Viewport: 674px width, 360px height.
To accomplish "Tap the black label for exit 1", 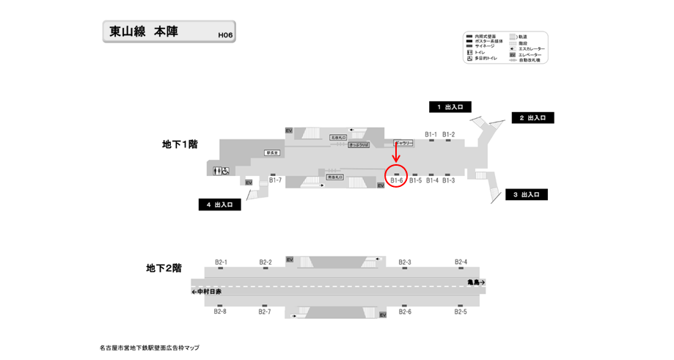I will click(450, 107).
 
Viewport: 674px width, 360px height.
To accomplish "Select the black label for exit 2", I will click(532, 118).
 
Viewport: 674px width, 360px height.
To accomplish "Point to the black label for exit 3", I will click(526, 194).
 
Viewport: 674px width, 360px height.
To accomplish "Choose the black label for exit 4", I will click(219, 205).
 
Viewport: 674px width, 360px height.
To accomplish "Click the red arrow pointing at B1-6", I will click(396, 151).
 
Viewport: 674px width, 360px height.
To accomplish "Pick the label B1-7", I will click(275, 180).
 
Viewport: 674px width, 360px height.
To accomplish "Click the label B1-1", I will click(431, 134).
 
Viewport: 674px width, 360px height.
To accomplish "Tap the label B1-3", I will click(448, 180).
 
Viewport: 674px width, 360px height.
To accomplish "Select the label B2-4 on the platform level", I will click(461, 262).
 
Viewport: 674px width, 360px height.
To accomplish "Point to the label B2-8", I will click(220, 312).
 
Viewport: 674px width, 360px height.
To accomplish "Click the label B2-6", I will click(405, 312).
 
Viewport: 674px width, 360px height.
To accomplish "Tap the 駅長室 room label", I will click(274, 153).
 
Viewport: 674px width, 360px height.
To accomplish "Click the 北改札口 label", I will click(338, 137).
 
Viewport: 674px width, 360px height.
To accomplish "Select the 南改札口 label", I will click(335, 177).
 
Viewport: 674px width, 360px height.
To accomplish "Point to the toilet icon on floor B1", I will click(221, 171).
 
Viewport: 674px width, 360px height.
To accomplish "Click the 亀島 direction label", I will click(476, 282).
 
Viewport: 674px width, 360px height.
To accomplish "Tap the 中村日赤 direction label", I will click(206, 291).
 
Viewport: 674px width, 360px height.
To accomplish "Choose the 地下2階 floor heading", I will click(164, 269).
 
